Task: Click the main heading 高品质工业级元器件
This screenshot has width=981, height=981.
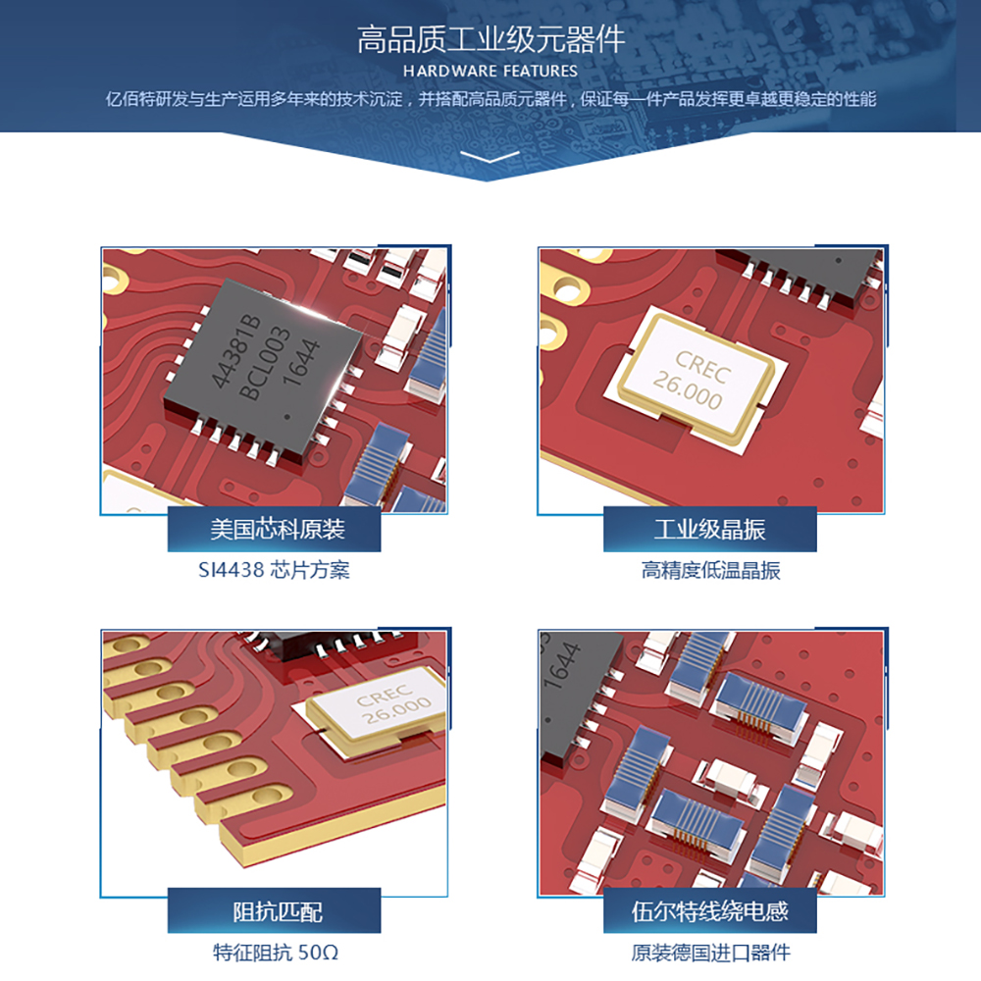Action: coord(490,39)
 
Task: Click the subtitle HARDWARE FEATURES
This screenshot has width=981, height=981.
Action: coord(490,72)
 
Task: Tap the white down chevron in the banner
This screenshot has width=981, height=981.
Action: coord(490,156)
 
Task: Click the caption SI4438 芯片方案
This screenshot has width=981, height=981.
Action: coord(274,570)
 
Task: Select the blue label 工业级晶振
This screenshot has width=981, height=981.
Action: coord(710,530)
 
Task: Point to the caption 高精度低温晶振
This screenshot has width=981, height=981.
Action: coord(710,570)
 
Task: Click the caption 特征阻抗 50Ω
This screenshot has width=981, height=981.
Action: coord(276,953)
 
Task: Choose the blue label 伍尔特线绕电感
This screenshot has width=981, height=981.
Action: coord(710,911)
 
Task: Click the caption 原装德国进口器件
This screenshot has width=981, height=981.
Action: coord(710,953)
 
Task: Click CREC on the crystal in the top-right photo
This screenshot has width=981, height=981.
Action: coord(702,366)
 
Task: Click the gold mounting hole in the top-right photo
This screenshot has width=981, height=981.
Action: coord(566,289)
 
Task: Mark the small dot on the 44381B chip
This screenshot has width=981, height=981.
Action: coord(287,417)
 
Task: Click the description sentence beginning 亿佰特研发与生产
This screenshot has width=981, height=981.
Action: coord(490,99)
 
